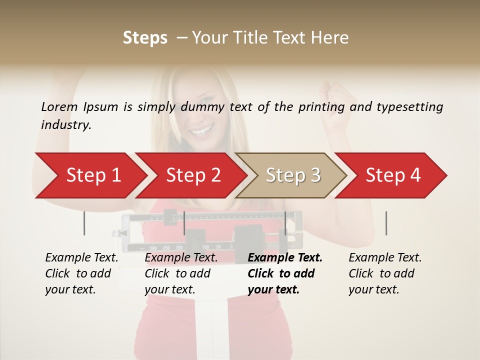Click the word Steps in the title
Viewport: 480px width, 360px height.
click(145, 38)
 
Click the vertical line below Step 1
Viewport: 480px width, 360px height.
click(84, 223)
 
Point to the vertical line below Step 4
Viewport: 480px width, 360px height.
click(386, 223)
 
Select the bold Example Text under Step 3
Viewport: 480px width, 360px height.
click(285, 273)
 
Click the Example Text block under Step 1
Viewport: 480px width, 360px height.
click(81, 273)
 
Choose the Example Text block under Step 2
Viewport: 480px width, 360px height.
click(181, 273)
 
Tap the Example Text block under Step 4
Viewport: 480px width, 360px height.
click(385, 273)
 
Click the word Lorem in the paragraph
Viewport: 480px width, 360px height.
click(59, 107)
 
